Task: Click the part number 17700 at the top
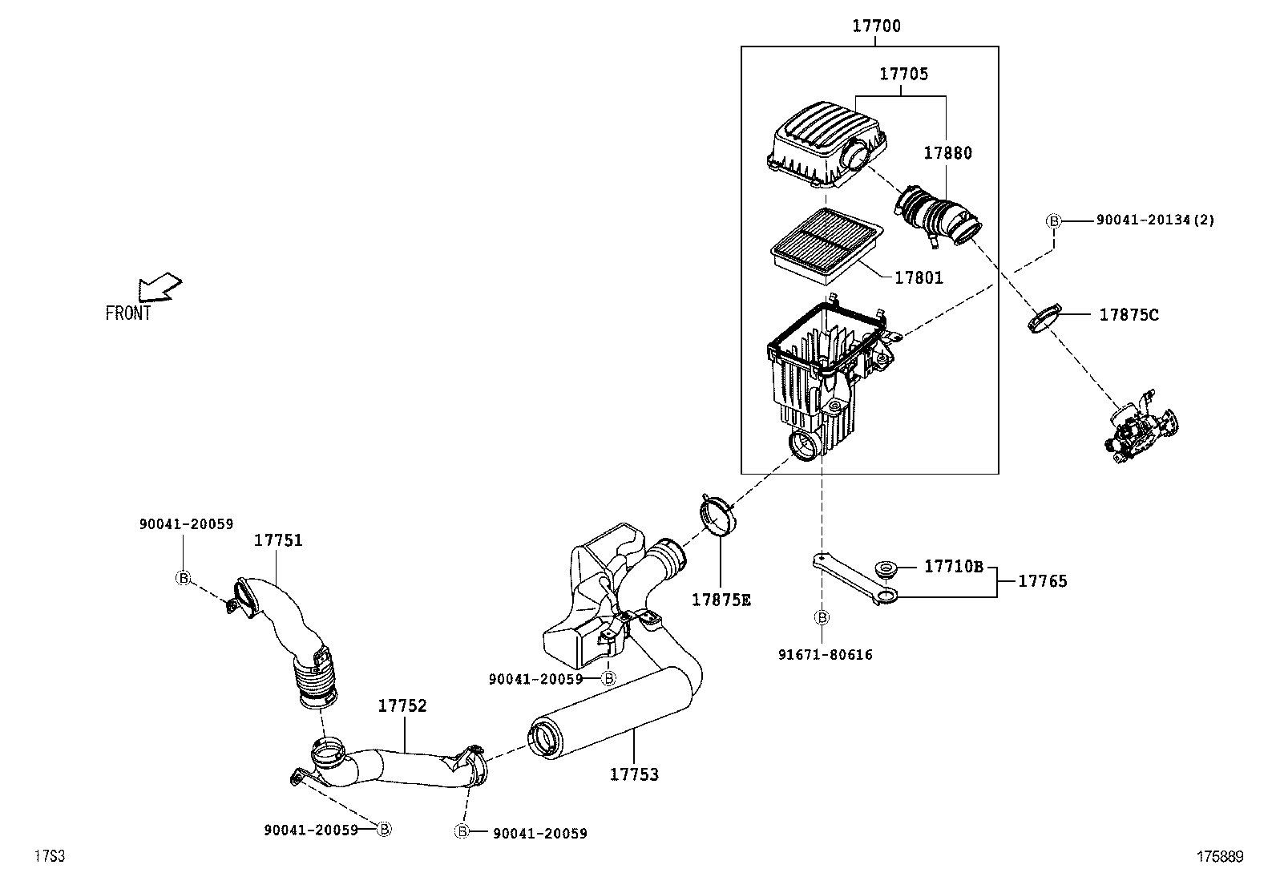pyautogui.click(x=876, y=26)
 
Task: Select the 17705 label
pyautogui.click(x=903, y=74)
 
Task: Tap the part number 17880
pyautogui.click(x=947, y=153)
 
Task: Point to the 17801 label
pyautogui.click(x=919, y=277)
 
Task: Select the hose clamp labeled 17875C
pyautogui.click(x=1044, y=318)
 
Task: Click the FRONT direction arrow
pyautogui.click(x=159, y=287)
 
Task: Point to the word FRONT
pyautogui.click(x=128, y=313)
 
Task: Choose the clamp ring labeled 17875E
pyautogui.click(x=717, y=515)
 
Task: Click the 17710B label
pyautogui.click(x=953, y=567)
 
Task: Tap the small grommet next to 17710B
pyautogui.click(x=886, y=569)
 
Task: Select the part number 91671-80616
pyautogui.click(x=826, y=655)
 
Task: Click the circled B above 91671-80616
pyautogui.click(x=822, y=617)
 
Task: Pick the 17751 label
pyautogui.click(x=278, y=540)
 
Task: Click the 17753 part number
pyautogui.click(x=634, y=774)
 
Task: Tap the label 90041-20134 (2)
pyautogui.click(x=1155, y=220)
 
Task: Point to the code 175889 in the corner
pyautogui.click(x=1220, y=856)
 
